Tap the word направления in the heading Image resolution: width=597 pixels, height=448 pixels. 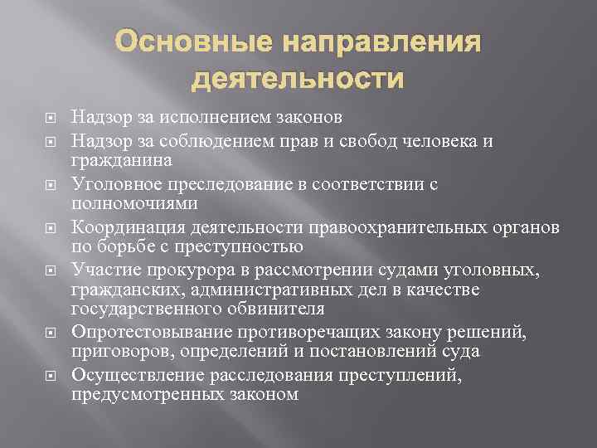pyautogui.click(x=384, y=42)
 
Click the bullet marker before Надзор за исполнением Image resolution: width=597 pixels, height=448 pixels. pyautogui.click(x=48, y=120)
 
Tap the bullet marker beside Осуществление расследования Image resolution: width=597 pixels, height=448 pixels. pyautogui.click(x=48, y=376)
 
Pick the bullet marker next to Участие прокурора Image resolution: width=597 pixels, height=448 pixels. pyautogui.click(x=48, y=269)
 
